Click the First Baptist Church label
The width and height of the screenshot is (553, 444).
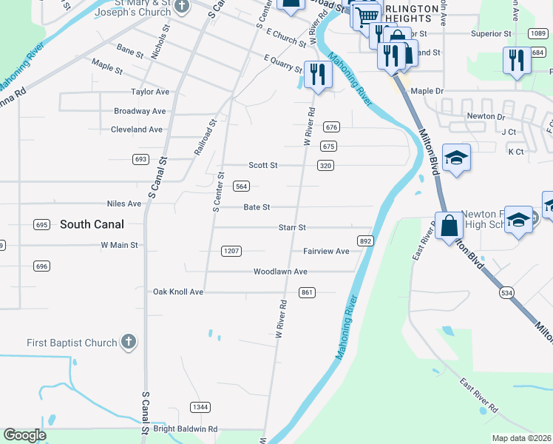pyautogui.click(x=72, y=343)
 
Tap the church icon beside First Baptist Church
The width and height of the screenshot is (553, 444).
pyautogui.click(x=129, y=342)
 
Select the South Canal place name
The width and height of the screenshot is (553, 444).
pyautogui.click(x=92, y=223)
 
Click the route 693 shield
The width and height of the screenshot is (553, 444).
pyautogui.click(x=140, y=159)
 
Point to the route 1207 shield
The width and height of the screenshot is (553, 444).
pyautogui.click(x=231, y=251)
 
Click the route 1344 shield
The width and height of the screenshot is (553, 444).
pyautogui.click(x=200, y=407)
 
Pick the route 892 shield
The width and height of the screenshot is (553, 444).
pyautogui.click(x=365, y=240)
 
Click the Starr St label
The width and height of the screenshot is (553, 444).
pyautogui.click(x=292, y=228)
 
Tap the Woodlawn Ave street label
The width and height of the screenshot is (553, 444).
pyautogui.click(x=280, y=272)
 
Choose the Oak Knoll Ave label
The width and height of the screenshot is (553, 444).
pyautogui.click(x=177, y=292)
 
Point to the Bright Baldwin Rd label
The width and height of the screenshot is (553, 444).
pyautogui.click(x=186, y=428)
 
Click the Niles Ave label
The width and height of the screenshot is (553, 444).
pyautogui.click(x=123, y=203)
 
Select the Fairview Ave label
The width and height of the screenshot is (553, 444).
pyautogui.click(x=326, y=251)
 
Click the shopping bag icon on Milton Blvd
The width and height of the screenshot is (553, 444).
pyautogui.click(x=449, y=224)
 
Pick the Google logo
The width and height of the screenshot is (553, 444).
pyautogui.click(x=24, y=435)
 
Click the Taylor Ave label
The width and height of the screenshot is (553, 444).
pyautogui.click(x=150, y=92)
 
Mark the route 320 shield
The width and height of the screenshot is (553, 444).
pyautogui.click(x=325, y=166)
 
